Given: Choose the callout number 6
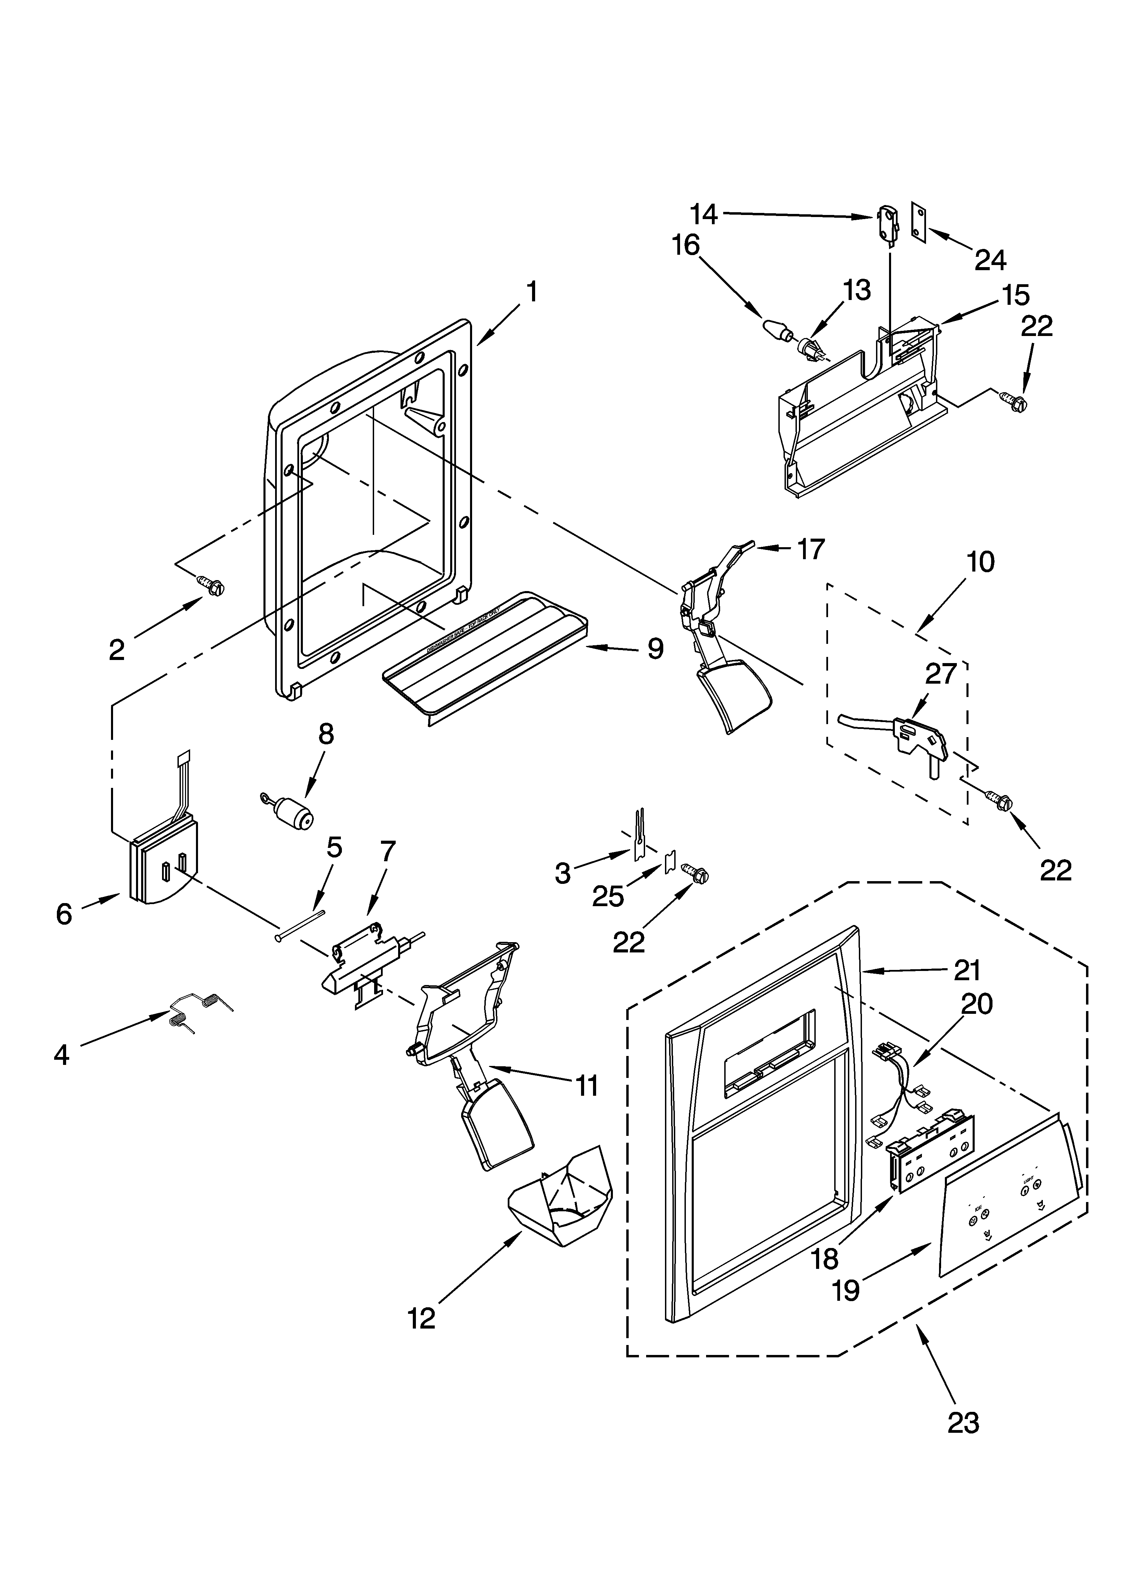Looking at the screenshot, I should point(64,913).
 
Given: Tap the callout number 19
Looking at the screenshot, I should point(846,1290).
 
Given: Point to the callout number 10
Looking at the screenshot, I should point(981,562).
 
